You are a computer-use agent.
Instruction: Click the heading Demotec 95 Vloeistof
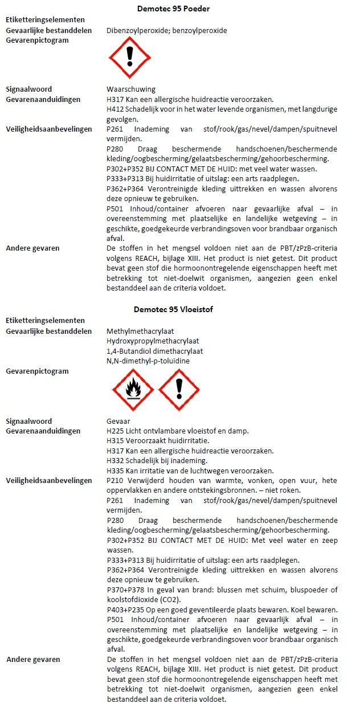[x=173, y=309]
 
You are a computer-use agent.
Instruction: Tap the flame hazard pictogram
[x=133, y=390]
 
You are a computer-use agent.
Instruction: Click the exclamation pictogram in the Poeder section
[x=129, y=55]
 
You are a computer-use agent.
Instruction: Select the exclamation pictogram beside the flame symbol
[x=179, y=390]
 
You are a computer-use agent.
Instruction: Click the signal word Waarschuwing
[x=130, y=89]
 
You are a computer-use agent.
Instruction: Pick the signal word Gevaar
[x=118, y=421]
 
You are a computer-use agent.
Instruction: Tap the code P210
[x=115, y=480]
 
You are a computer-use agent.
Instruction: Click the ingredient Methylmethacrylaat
[x=140, y=331]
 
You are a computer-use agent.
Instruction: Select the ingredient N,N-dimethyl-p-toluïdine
[x=148, y=361]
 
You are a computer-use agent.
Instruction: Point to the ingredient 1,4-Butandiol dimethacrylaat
[x=154, y=351]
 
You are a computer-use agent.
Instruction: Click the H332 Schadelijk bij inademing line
[x=157, y=460]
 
